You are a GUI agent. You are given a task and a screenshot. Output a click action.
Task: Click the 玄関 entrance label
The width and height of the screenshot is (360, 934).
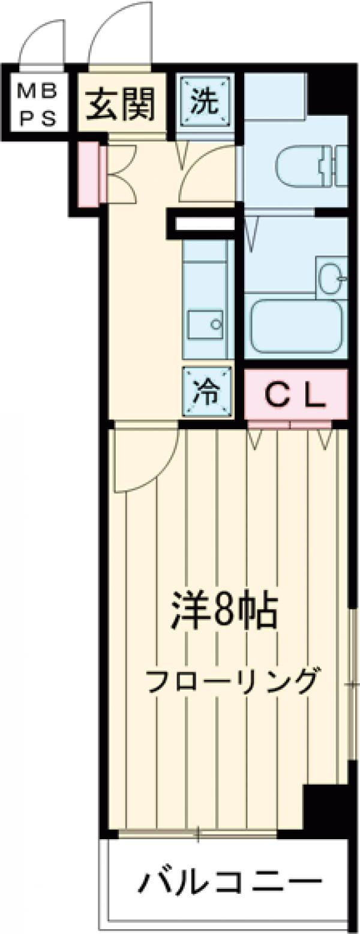point(122,104)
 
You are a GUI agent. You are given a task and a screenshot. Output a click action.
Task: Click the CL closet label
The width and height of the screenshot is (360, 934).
point(295,394)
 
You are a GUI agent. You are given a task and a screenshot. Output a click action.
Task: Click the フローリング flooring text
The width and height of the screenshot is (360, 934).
point(231,681)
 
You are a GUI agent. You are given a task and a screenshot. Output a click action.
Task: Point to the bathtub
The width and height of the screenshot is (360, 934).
point(296,326)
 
